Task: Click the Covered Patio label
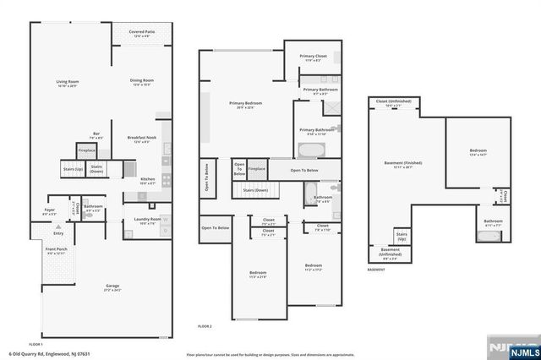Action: coord(139,33)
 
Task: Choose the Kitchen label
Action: coord(147,181)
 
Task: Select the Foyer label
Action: coord(50,210)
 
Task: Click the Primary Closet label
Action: coord(312,57)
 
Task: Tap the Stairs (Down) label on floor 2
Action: coord(256,191)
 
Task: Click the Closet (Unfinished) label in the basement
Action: coord(394,102)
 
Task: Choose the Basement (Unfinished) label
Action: coord(391,251)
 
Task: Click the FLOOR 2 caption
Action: coord(205,325)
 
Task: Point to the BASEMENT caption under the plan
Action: coord(376,270)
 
